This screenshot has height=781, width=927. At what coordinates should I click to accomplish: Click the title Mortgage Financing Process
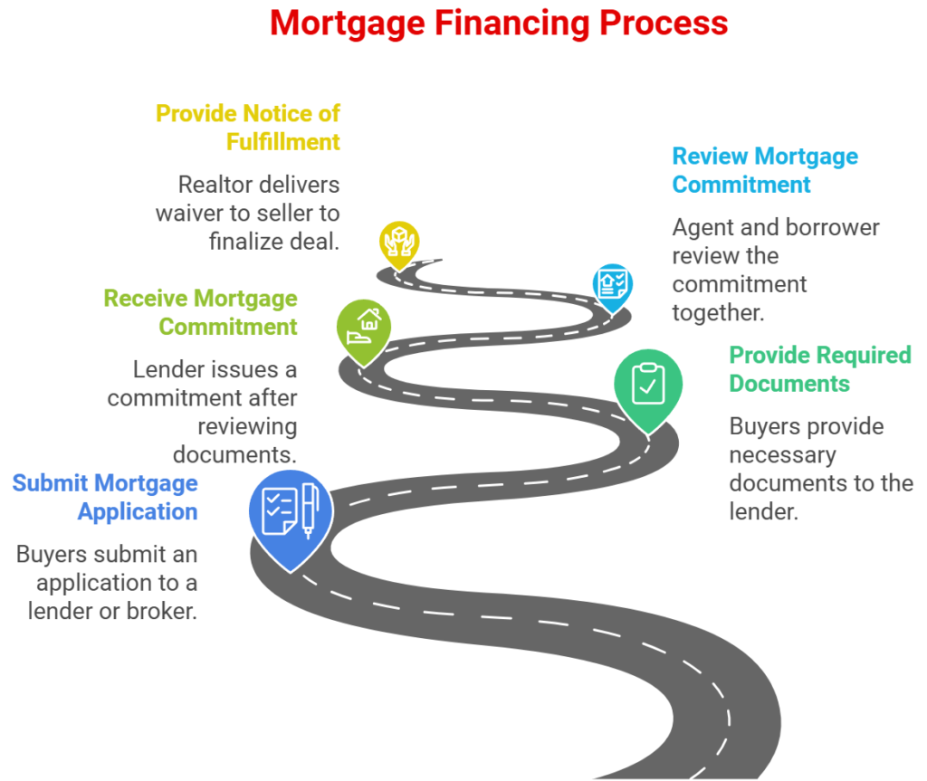tap(499, 23)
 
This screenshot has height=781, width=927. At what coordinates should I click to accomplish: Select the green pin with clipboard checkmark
tap(647, 384)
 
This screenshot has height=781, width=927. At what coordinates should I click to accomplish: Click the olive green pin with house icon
tap(364, 326)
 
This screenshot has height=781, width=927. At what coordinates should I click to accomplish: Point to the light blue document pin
tap(613, 282)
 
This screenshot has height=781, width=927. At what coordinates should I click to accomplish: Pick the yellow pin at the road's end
tap(399, 240)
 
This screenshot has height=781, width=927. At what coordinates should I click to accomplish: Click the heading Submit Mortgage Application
tap(105, 497)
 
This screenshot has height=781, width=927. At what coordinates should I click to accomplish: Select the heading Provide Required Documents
tap(819, 368)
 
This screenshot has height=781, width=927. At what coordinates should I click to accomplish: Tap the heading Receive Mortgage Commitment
tap(200, 311)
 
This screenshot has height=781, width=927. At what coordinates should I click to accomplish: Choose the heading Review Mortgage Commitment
tap(764, 170)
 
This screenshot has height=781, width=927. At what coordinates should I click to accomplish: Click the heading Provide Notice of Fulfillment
tap(247, 128)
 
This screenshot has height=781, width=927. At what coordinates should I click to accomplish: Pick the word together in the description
tap(718, 313)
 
